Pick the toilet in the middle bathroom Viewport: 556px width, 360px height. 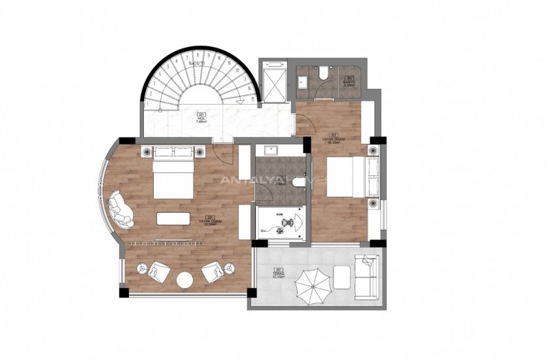(x=300, y=182)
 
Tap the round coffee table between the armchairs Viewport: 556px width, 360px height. (x=184, y=279)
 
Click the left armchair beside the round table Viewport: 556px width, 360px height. (x=158, y=270)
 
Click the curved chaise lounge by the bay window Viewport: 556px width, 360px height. (x=120, y=209)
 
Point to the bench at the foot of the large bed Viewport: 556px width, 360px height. (x=173, y=218)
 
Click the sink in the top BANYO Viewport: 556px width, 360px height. (x=303, y=81)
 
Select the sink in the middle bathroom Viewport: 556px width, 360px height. (x=270, y=150)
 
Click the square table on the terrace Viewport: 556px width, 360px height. (x=341, y=276)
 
